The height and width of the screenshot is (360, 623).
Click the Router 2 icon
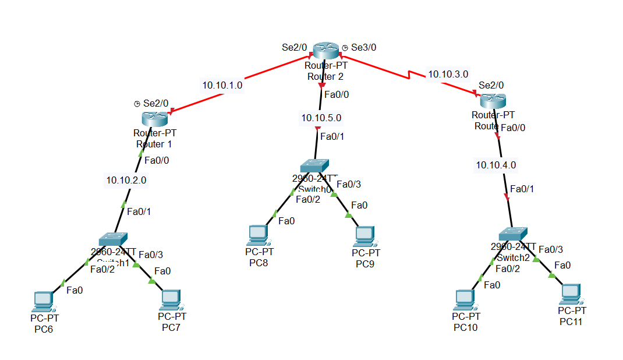click(x=325, y=51)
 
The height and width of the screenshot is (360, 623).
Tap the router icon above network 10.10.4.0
click(x=492, y=100)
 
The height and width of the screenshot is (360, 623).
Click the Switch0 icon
click(x=315, y=165)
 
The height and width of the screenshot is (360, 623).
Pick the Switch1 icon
click(x=113, y=239)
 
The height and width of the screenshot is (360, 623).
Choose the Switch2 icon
click(x=516, y=232)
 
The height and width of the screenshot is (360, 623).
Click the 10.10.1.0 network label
click(x=222, y=85)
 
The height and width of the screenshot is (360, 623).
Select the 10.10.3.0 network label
click(x=448, y=74)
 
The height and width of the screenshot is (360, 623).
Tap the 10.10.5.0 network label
click(x=321, y=118)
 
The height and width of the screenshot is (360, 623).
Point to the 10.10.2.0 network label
click(x=126, y=181)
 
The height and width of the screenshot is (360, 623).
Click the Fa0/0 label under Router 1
click(x=157, y=160)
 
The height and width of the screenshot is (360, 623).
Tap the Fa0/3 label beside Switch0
click(x=349, y=184)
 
